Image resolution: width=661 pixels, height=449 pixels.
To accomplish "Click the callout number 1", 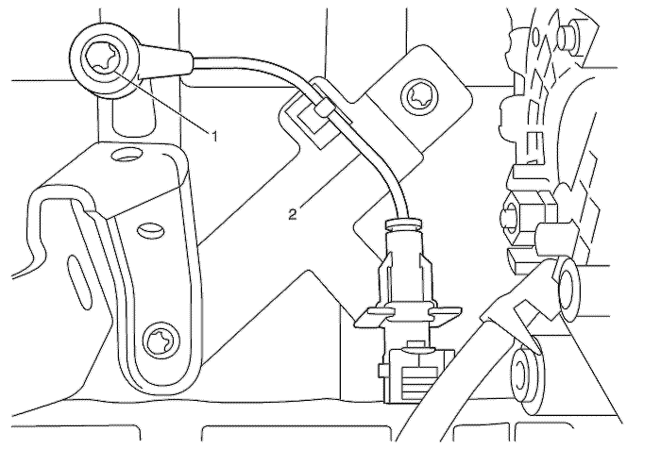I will coord(214,136).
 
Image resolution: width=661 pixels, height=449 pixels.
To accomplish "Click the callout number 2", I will coord(295,215).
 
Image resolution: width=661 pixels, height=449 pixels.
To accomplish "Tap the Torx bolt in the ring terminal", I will coord(100,59).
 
